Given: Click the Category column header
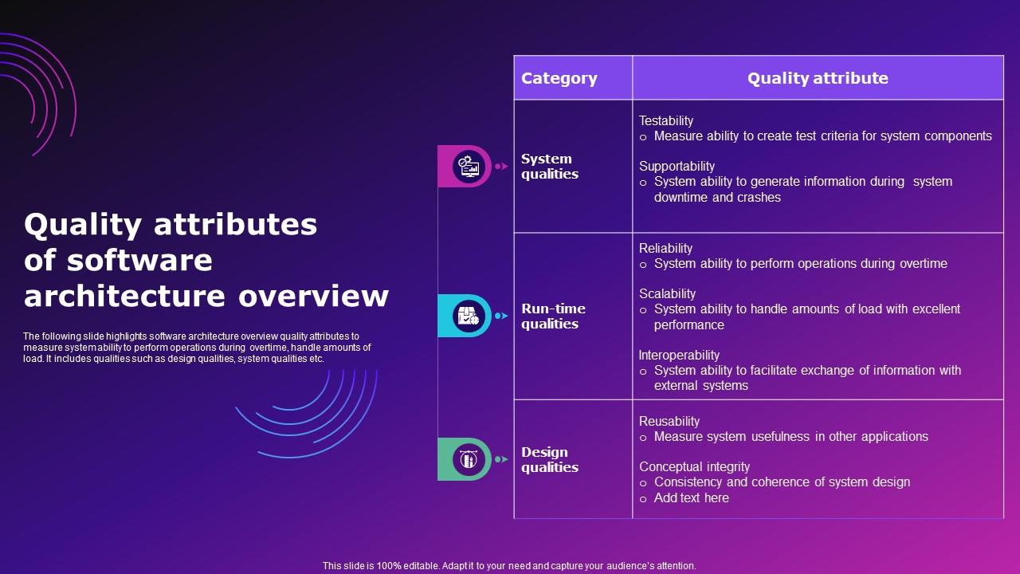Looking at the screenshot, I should tap(559, 78).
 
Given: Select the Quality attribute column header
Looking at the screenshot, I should tap(818, 78).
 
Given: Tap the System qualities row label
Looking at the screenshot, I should tap(550, 167).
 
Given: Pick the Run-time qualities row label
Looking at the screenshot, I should tap(553, 316).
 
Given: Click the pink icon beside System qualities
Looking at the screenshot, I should tap(468, 167).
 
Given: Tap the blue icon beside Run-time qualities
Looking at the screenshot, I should tap(468, 316).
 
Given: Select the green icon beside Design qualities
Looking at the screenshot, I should tap(468, 459).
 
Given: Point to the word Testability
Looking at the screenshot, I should tap(666, 120).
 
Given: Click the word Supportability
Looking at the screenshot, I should tap(677, 166).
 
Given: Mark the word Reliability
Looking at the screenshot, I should tap(665, 248).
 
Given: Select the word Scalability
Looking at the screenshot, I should tap(667, 293).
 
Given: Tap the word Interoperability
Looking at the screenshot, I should tap(679, 355).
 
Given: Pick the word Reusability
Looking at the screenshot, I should tap(669, 421).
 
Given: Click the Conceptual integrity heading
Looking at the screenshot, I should tap(694, 466).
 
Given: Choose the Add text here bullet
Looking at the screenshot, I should tap(691, 497).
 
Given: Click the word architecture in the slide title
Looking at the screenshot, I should tap(127, 296).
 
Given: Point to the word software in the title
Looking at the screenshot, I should tap(151, 261).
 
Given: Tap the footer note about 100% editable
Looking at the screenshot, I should tap(509, 566).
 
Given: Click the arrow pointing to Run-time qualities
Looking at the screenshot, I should tap(501, 316).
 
